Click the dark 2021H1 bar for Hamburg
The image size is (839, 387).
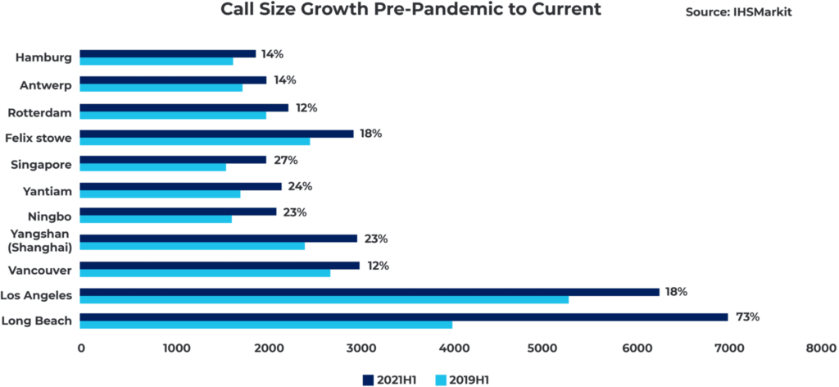pyautogui.click(x=167, y=53)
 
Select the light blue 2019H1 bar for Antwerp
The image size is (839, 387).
pyautogui.click(x=161, y=88)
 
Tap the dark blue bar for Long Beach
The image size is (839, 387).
pyautogui.click(x=403, y=317)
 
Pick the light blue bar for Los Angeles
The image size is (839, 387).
pyautogui.click(x=324, y=300)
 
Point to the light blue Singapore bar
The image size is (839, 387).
pyautogui.click(x=152, y=167)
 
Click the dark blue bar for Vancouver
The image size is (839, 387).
pyautogui.click(x=219, y=266)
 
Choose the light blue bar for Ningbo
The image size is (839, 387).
pyautogui.click(x=156, y=220)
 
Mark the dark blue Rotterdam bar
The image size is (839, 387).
pyautogui.click(x=184, y=107)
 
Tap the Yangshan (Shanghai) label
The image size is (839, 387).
pyautogui.click(x=40, y=240)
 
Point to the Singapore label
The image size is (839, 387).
pyautogui.click(x=41, y=164)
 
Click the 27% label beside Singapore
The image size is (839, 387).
pyautogui.click(x=284, y=160)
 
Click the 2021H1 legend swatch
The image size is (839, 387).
pyautogui.click(x=367, y=379)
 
